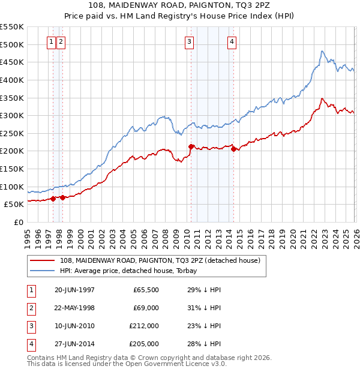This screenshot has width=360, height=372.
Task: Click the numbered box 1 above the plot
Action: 52,41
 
